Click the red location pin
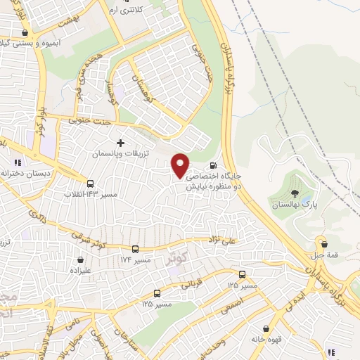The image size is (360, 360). tap(181, 165)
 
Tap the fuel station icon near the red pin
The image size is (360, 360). tap(213, 166)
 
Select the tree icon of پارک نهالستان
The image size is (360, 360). tap(295, 193)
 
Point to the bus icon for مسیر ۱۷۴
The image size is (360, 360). tap(135, 249)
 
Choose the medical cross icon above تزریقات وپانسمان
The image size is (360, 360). tap(120, 143)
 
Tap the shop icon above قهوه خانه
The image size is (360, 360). tap(266, 328)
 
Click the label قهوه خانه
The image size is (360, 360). tap(266, 339)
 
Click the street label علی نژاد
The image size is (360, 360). tap(223, 240)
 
